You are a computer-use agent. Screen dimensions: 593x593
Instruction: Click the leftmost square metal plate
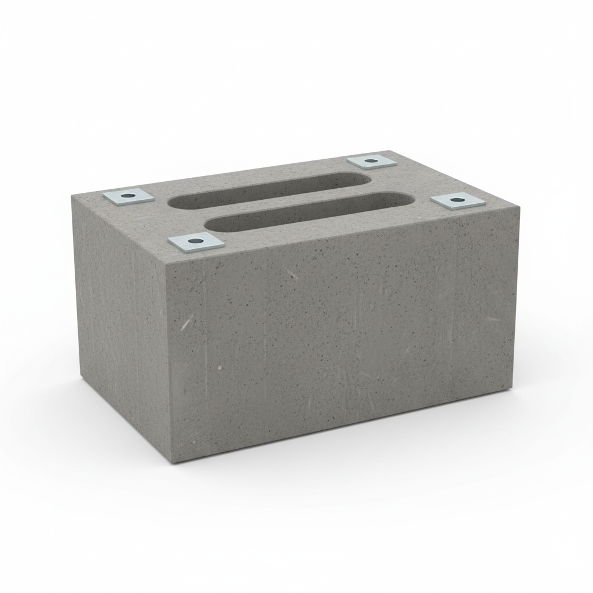point(129,196)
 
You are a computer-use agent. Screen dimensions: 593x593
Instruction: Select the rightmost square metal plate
point(457,200)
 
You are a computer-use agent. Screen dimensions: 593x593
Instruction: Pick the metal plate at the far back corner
point(371,161)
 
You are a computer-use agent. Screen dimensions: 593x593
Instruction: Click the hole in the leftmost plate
point(128,196)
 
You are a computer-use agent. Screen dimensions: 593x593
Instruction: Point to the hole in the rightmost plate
point(457,200)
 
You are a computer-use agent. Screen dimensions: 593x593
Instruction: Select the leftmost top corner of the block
point(72,196)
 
